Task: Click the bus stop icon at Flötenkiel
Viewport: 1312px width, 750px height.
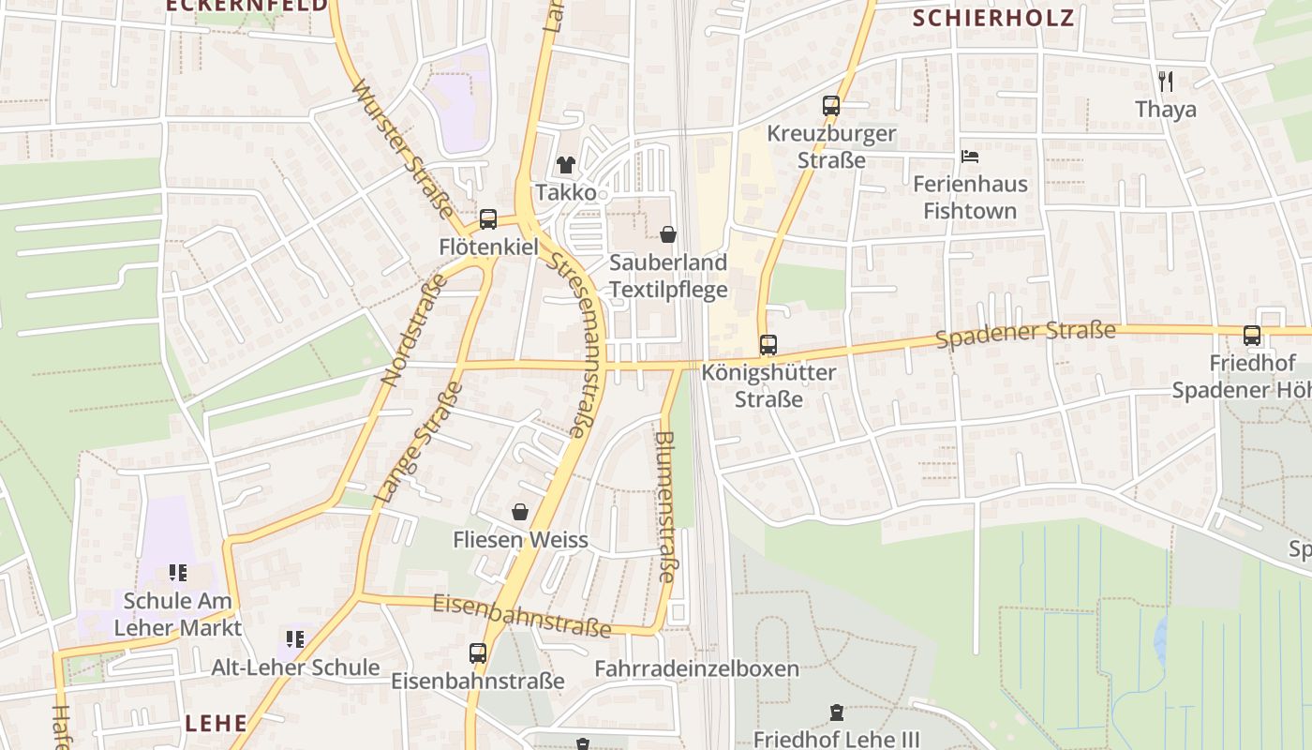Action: coord(488,219)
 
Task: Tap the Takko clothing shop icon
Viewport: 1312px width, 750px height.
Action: coord(566,165)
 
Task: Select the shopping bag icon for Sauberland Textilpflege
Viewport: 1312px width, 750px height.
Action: coord(668,233)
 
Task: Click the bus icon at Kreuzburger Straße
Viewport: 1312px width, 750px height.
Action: coord(831,106)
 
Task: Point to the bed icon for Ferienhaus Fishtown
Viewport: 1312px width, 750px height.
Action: coord(970,156)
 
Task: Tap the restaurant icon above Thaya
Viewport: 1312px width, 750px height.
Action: coord(1165,82)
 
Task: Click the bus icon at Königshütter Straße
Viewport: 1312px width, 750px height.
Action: coord(768,345)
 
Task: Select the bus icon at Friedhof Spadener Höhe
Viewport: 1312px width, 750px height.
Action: coord(1252,336)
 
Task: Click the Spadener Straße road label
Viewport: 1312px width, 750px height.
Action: coord(1026,334)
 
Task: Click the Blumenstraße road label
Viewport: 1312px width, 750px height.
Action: coord(665,506)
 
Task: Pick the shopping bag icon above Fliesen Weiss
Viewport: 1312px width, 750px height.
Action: coord(520,512)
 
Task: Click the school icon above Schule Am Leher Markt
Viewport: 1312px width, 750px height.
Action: coord(177,572)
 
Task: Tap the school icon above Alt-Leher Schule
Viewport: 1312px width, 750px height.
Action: coord(295,639)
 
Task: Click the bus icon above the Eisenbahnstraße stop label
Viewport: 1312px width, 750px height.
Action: coord(478,652)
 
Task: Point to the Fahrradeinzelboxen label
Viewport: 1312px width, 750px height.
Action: coord(697,668)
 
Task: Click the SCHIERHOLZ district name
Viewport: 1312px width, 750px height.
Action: coord(993,18)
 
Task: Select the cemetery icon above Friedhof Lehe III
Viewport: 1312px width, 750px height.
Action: coord(837,712)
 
